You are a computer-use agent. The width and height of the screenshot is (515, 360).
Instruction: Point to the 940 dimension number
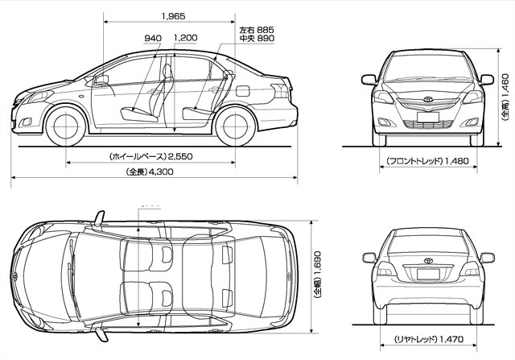(x=153, y=38)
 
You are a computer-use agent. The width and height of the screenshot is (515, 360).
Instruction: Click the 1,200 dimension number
(x=185, y=38)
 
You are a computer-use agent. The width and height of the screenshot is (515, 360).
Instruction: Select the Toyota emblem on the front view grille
(x=428, y=102)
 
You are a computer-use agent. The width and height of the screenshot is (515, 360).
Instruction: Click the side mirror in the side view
(x=101, y=79)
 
